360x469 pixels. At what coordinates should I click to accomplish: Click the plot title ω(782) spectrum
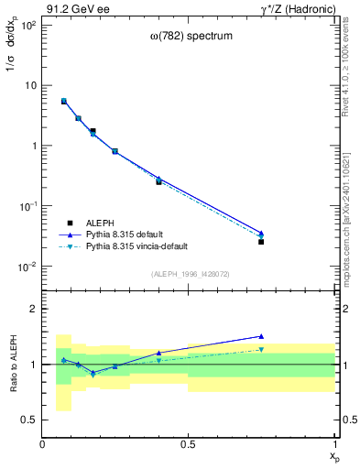point(191,37)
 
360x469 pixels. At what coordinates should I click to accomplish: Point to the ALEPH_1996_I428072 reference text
point(190,274)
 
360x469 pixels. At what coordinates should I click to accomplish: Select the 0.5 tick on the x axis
point(189,444)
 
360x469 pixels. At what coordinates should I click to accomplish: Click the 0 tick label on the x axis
point(43,444)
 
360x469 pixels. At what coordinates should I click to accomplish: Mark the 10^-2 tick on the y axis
point(27,267)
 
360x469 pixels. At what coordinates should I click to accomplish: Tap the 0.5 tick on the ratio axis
point(29,420)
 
